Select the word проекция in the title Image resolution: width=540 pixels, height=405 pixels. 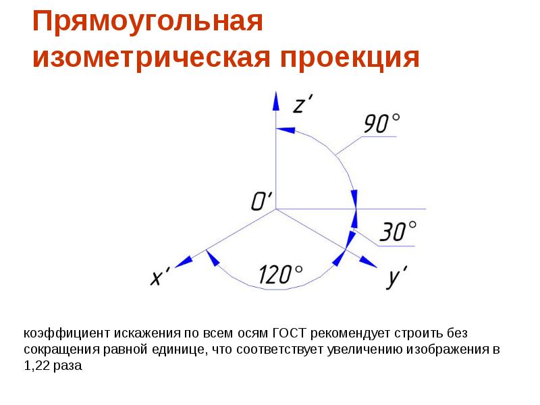click(348, 58)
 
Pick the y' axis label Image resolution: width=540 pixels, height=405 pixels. click(396, 277)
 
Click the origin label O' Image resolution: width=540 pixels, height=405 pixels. click(261, 200)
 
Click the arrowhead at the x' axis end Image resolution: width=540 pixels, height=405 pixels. click(183, 262)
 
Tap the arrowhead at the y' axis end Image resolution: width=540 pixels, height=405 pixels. click(369, 262)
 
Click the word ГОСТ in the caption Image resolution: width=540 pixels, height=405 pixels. click(290, 333)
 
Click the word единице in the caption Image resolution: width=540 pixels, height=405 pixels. click(183, 350)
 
